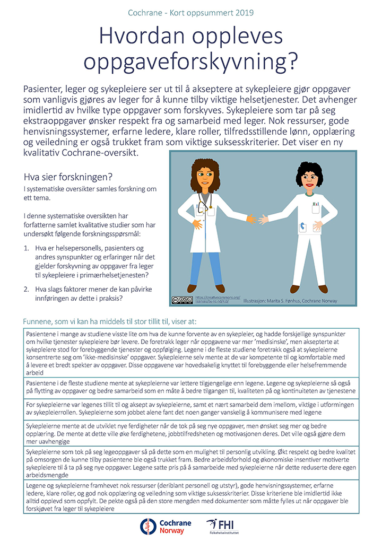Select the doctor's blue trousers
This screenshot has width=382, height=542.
(x=204, y=265)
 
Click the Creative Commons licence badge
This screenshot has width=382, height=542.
(x=182, y=300)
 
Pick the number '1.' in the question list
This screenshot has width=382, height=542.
(x=28, y=248)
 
